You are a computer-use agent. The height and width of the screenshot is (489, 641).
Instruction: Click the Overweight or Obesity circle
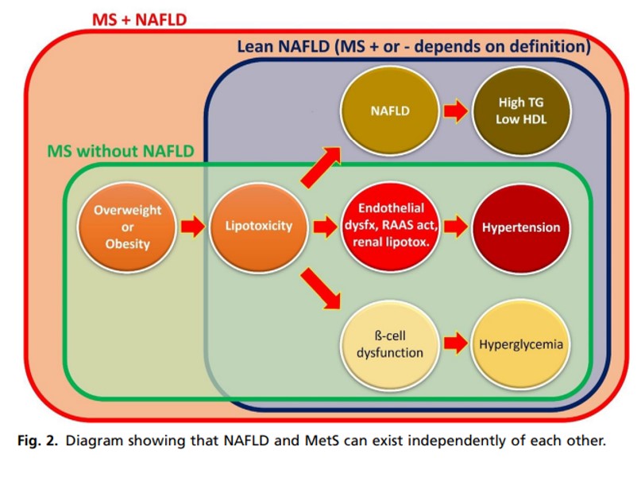(127, 227)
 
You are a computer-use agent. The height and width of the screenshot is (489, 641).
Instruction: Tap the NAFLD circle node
(390, 111)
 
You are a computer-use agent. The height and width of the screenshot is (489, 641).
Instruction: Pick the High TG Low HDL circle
(523, 112)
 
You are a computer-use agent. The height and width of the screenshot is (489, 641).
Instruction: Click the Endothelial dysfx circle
(390, 227)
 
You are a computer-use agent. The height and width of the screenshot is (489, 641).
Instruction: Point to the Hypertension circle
(521, 227)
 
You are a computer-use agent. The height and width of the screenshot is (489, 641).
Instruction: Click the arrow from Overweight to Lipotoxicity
(192, 227)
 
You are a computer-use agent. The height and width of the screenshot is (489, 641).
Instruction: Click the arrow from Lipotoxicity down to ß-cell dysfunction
(321, 288)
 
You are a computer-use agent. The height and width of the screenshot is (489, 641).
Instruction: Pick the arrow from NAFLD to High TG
(456, 112)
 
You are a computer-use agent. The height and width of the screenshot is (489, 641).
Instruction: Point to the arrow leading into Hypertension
(456, 227)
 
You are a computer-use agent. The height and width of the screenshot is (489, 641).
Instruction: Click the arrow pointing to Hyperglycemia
(456, 344)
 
